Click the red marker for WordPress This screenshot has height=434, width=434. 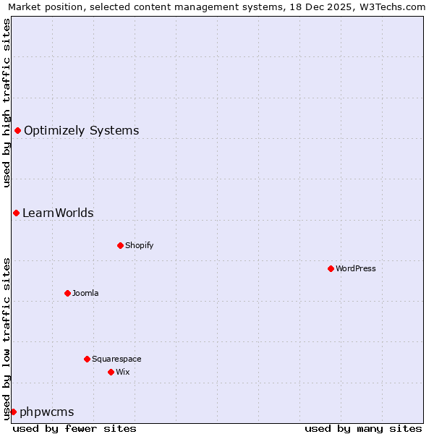coord(331,268)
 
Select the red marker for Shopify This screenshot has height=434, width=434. coord(120,245)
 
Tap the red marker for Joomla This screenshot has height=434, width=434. coord(67,293)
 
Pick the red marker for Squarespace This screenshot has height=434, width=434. coord(87,359)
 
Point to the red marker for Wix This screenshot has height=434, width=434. coord(111,372)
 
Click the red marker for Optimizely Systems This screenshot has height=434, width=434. coord(17,130)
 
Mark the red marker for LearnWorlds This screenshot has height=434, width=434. coord(16,213)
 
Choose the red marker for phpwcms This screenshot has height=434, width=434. coord(13,412)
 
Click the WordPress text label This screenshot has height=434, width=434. coord(356,268)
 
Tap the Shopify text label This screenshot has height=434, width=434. coord(139,245)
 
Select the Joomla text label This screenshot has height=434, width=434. coord(85,293)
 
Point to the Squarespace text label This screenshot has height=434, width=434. coord(116,359)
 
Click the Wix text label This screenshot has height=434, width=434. coord(122,372)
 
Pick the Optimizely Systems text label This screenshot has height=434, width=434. coord(81,131)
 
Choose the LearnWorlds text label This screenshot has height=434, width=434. coord(58,213)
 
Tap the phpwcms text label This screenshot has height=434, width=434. coord(47,412)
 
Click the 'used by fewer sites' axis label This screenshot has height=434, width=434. coord(75,428)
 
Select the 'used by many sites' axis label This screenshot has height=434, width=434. coord(363,428)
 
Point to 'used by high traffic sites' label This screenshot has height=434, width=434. coord(7,103)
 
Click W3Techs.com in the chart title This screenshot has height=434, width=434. coord(393,7)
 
